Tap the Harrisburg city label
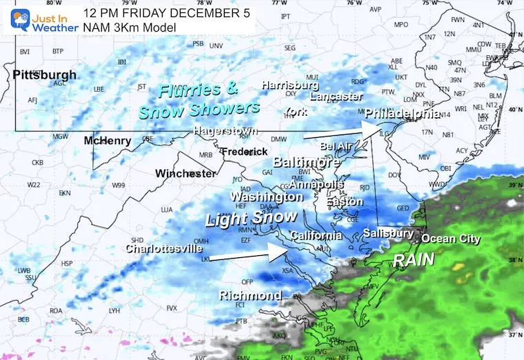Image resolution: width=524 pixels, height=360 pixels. [289, 86]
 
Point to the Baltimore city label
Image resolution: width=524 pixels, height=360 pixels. [306, 163]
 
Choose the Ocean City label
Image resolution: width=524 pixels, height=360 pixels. [450, 239]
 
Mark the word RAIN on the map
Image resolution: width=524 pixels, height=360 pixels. [414, 260]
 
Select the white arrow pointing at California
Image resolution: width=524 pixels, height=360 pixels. [248, 254]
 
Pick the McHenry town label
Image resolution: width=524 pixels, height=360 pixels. [108, 141]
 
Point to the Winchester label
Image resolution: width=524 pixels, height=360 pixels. [185, 173]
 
